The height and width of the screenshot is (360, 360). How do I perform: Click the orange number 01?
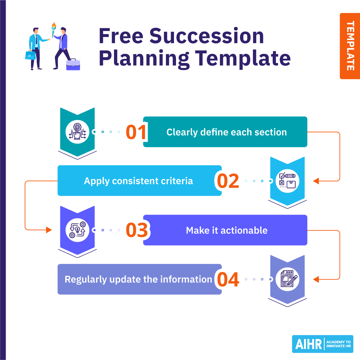point(136,132)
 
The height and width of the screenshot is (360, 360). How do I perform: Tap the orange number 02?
point(228,181)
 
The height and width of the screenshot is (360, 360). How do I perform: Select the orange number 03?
point(137,230)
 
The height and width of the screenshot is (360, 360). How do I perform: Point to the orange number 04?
point(228,279)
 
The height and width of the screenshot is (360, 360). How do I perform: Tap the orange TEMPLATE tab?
point(350,46)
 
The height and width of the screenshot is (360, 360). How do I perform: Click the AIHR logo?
point(323,344)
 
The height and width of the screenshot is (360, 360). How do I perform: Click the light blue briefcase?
point(30,55)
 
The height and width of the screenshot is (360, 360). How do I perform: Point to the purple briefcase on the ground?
point(73,65)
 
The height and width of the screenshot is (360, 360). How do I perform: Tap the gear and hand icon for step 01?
point(77,132)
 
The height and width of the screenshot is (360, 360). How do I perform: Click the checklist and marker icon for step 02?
point(287,181)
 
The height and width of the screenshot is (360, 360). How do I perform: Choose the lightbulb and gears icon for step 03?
point(77,230)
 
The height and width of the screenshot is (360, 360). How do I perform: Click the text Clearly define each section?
point(227,132)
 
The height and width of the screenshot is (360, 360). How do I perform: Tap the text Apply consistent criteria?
point(138,181)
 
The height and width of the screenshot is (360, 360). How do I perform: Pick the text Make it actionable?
point(227,230)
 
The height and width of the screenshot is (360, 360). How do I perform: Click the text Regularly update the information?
point(138,279)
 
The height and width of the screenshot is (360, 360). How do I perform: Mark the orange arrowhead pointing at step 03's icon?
point(49,230)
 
